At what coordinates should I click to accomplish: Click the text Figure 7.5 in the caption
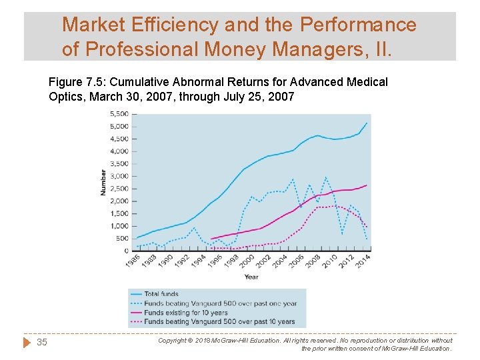pos(76,82)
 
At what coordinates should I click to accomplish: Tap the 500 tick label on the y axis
pos(123,239)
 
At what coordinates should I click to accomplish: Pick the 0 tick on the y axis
pos(127,251)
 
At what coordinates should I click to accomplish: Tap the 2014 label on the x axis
pos(363,261)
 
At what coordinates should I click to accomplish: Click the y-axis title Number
pos(103,183)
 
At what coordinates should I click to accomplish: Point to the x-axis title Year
pos(251,277)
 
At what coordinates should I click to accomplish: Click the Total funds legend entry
pos(161,293)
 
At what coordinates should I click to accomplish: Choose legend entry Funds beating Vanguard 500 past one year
pos(220,303)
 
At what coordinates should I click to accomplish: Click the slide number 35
pos(42,342)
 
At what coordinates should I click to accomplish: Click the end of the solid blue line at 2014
pos(367,123)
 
